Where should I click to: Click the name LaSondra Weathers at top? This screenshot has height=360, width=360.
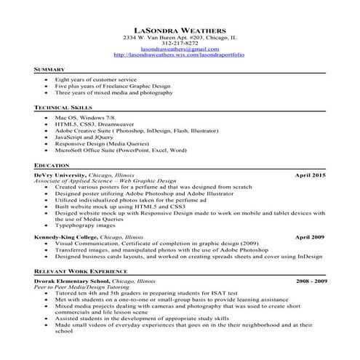click(180, 29)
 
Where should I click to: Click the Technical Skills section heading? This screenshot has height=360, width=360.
click(63, 107)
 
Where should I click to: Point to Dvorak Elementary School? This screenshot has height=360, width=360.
click(71, 280)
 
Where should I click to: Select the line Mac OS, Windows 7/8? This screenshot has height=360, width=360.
click(84, 118)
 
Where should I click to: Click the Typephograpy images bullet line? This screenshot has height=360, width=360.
click(90, 226)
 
